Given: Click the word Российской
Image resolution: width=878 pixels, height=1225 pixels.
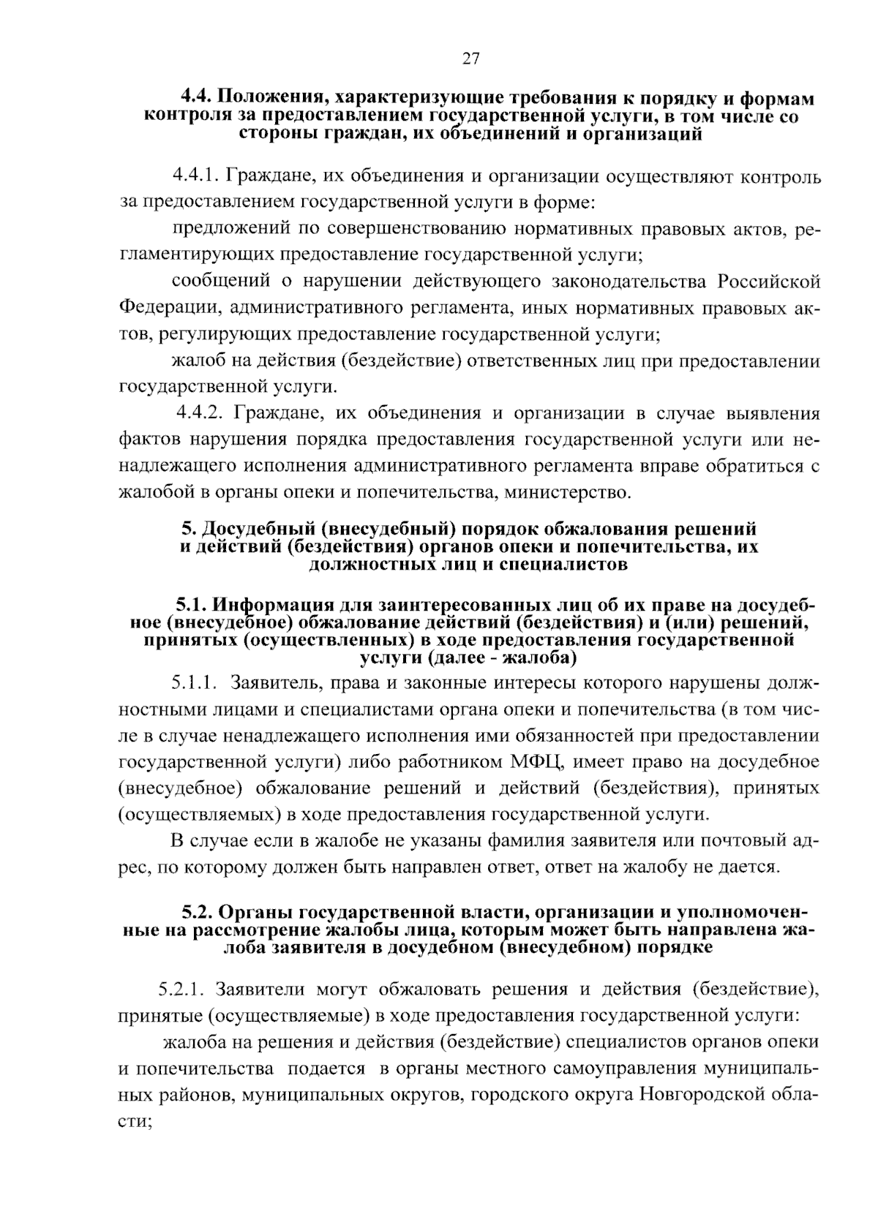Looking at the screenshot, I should [x=768, y=282].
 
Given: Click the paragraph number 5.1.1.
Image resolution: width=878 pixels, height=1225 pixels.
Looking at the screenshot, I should [x=195, y=684].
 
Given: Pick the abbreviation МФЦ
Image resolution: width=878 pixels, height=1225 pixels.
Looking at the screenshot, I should [x=534, y=762].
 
